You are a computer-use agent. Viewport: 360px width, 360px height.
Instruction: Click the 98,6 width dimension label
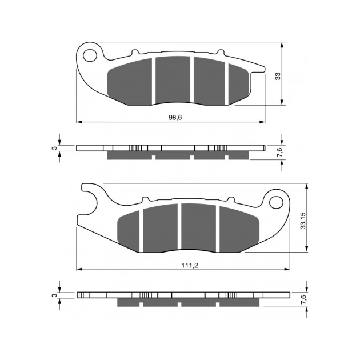click(175, 118)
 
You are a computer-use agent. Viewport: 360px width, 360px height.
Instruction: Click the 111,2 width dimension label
click(190, 265)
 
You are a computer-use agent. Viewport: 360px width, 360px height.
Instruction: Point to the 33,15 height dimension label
click(303, 221)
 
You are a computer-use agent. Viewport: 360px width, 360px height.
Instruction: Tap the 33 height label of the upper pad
click(278, 76)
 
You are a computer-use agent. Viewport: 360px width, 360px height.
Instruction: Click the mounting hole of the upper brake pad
click(90, 55)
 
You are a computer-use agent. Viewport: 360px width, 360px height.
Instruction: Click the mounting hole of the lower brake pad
click(276, 202)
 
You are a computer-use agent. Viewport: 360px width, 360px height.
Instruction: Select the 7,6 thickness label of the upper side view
click(280, 152)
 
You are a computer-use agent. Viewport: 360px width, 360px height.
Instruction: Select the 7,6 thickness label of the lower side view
click(303, 299)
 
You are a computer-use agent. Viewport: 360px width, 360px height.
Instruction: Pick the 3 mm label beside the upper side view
click(54, 148)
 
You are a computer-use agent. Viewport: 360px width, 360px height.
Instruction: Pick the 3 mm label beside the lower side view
click(54, 295)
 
